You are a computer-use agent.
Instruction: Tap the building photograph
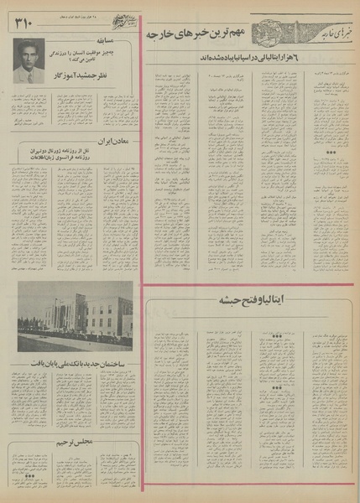pyautogui.click(x=75, y=316)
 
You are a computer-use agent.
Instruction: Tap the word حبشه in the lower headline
pyautogui.click(x=228, y=298)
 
